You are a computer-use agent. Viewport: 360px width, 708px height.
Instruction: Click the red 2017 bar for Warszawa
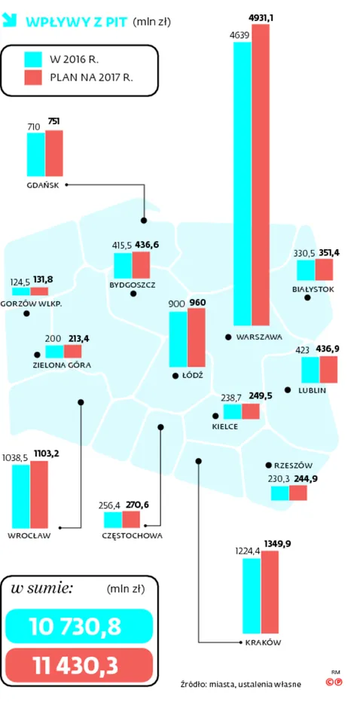(x=261, y=175)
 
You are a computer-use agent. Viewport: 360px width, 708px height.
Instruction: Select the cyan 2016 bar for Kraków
(x=252, y=596)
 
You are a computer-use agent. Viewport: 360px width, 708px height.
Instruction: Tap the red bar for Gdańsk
(x=54, y=154)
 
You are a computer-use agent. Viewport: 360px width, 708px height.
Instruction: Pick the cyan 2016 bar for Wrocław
(x=21, y=496)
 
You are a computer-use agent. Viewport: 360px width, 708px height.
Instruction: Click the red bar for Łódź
(x=197, y=337)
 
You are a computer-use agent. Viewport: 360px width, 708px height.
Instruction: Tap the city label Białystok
(x=314, y=289)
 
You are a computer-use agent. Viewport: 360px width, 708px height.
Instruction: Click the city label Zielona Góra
(x=62, y=365)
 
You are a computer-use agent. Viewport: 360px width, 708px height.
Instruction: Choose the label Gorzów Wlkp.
(x=31, y=304)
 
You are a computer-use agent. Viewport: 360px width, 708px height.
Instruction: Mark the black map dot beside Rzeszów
(x=268, y=465)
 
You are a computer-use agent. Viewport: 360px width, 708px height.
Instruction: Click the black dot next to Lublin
(x=288, y=389)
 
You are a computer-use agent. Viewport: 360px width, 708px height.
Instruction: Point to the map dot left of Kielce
(x=215, y=416)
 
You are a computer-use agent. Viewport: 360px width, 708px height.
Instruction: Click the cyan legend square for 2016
(x=33, y=60)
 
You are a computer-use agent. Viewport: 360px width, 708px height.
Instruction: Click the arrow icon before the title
(x=11, y=20)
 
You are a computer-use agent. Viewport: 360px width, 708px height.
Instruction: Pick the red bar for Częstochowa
(x=131, y=519)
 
